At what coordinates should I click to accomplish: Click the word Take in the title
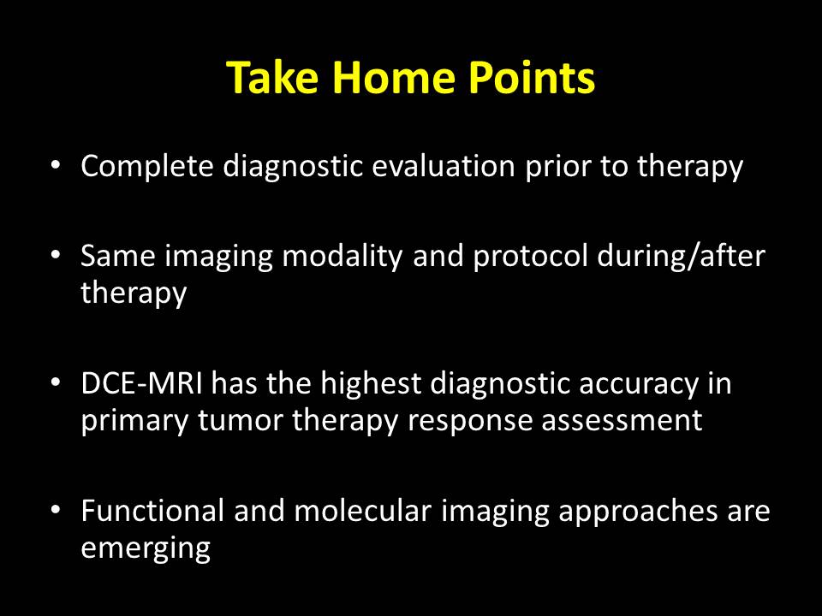(x=272, y=78)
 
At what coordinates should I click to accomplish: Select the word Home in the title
(x=393, y=78)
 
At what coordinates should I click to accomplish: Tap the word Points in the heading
(x=531, y=78)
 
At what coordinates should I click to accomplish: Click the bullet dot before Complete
(x=56, y=165)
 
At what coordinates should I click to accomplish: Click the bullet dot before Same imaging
(x=56, y=255)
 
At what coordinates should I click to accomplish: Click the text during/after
(x=681, y=256)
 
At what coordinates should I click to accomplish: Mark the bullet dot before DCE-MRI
(x=56, y=383)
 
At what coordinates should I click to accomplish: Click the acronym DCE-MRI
(x=141, y=383)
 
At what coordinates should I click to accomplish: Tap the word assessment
(x=622, y=421)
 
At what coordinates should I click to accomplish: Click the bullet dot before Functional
(x=56, y=510)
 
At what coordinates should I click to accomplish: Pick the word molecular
(x=362, y=510)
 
